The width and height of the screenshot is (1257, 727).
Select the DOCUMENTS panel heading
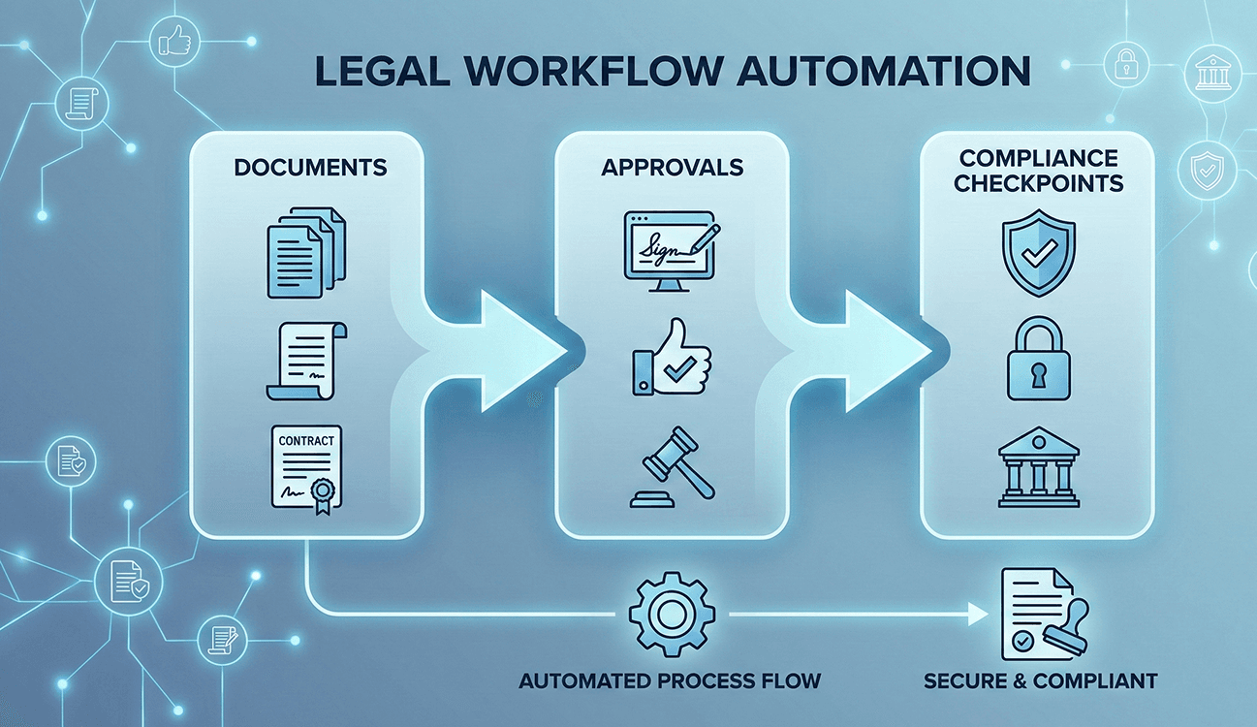(x=310, y=167)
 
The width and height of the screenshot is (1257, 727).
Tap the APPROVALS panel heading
(x=672, y=167)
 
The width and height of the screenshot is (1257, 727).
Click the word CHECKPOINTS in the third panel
(x=1038, y=182)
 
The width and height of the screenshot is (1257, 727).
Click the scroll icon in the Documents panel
(x=306, y=361)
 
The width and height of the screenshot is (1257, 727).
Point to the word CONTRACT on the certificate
(x=306, y=440)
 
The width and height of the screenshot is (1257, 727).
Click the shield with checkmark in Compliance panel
(x=1036, y=254)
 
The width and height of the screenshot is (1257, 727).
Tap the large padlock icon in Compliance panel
(x=1036, y=362)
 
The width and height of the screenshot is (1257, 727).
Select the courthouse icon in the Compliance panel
(x=1036, y=468)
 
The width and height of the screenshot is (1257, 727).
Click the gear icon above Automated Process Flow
(x=672, y=615)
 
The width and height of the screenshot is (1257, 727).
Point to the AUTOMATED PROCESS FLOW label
(x=670, y=680)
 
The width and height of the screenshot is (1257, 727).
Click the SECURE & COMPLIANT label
(x=1040, y=680)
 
